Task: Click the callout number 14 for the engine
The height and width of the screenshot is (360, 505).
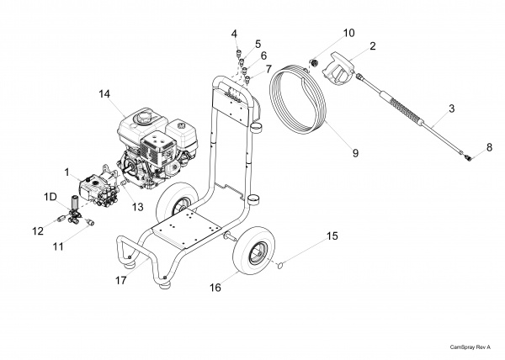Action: (x=104, y=94)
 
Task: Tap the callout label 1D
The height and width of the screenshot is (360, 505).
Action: (x=50, y=197)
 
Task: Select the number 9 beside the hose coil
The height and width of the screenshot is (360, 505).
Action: (x=355, y=153)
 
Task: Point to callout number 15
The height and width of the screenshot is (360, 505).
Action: (x=332, y=236)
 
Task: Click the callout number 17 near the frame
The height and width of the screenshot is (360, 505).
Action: (x=121, y=281)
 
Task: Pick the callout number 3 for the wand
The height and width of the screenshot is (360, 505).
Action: (x=451, y=109)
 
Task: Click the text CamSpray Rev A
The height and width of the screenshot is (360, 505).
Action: (x=470, y=347)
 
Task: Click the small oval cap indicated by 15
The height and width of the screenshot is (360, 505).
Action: (x=279, y=265)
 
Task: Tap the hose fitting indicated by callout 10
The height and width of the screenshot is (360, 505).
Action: (x=313, y=61)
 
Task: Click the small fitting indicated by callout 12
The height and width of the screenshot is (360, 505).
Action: (x=61, y=219)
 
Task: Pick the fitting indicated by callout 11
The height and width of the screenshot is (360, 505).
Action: (x=89, y=221)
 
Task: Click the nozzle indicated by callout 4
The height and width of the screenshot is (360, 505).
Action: (x=239, y=52)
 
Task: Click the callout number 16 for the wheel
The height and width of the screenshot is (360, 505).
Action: (x=215, y=288)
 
